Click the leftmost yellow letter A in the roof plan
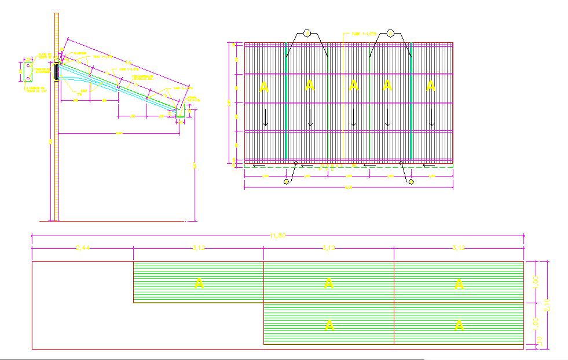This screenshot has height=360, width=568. (x=264, y=87)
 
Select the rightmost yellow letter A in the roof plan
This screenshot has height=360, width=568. (x=430, y=86)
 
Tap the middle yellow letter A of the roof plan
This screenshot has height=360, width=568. (x=353, y=86)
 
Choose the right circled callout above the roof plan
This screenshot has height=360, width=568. (x=391, y=33)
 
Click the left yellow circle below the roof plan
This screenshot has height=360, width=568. (x=286, y=182)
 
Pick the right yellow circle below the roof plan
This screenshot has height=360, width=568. (x=411, y=182)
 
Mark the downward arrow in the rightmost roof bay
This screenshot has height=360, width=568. (x=431, y=119)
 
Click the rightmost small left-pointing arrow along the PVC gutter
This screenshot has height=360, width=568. (x=429, y=165)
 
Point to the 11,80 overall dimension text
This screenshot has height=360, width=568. (x=278, y=236)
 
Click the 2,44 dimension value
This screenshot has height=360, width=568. (x=83, y=248)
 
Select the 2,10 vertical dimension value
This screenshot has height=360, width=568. (x=548, y=304)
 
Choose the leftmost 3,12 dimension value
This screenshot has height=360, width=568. (x=199, y=248)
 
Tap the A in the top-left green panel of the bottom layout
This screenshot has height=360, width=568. (x=199, y=283)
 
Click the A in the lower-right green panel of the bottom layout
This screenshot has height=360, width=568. (x=459, y=326)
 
